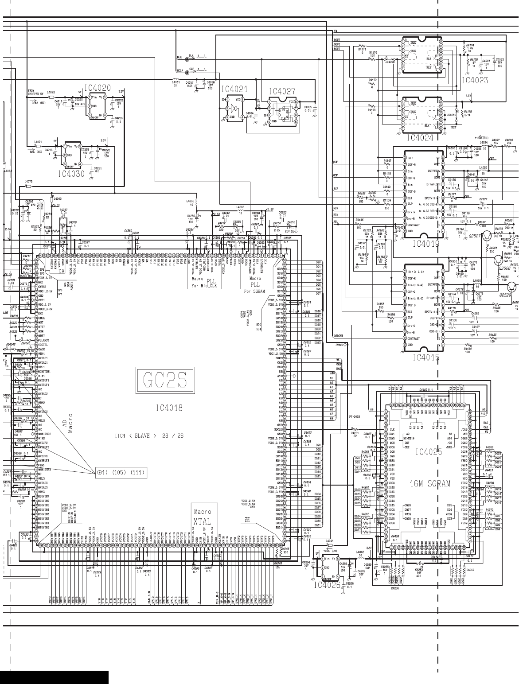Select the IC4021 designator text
(234, 89)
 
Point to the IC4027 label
(282, 91)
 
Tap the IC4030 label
(71, 174)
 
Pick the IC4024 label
(420, 137)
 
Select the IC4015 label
(426, 358)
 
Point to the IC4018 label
(169, 407)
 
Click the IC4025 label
(429, 452)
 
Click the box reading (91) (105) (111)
(121, 472)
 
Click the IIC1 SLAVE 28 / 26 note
(149, 435)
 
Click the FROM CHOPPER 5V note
(35, 92)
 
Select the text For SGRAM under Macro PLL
(254, 291)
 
